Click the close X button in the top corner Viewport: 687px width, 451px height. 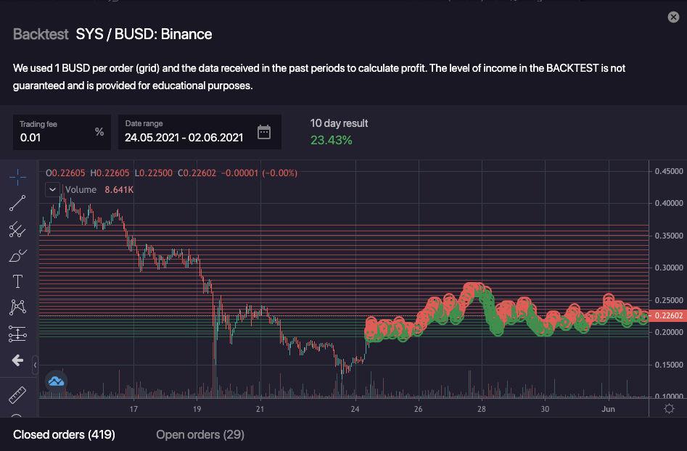(673, 17)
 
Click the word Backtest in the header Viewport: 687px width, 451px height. (41, 34)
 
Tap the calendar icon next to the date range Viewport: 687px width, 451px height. (264, 132)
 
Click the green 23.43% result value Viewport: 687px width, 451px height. (331, 140)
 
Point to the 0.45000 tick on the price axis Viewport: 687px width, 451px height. (668, 172)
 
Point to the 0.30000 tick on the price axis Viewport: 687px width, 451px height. (668, 268)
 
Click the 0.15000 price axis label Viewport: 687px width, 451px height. (668, 365)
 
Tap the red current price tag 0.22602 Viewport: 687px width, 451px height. (667, 315)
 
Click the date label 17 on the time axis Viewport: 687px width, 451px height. (133, 409)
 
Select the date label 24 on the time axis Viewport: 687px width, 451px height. (354, 409)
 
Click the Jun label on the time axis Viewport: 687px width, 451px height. (609, 409)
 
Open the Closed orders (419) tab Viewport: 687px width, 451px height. (64, 434)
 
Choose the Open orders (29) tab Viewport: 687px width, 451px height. (200, 434)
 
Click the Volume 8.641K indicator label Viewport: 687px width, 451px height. (99, 190)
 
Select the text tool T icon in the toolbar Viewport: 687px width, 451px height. (17, 281)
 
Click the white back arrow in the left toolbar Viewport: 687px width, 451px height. (17, 360)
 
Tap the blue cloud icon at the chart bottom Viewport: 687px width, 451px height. (56, 381)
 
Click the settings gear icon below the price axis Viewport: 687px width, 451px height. (669, 409)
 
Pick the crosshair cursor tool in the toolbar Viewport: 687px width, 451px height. (17, 176)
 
